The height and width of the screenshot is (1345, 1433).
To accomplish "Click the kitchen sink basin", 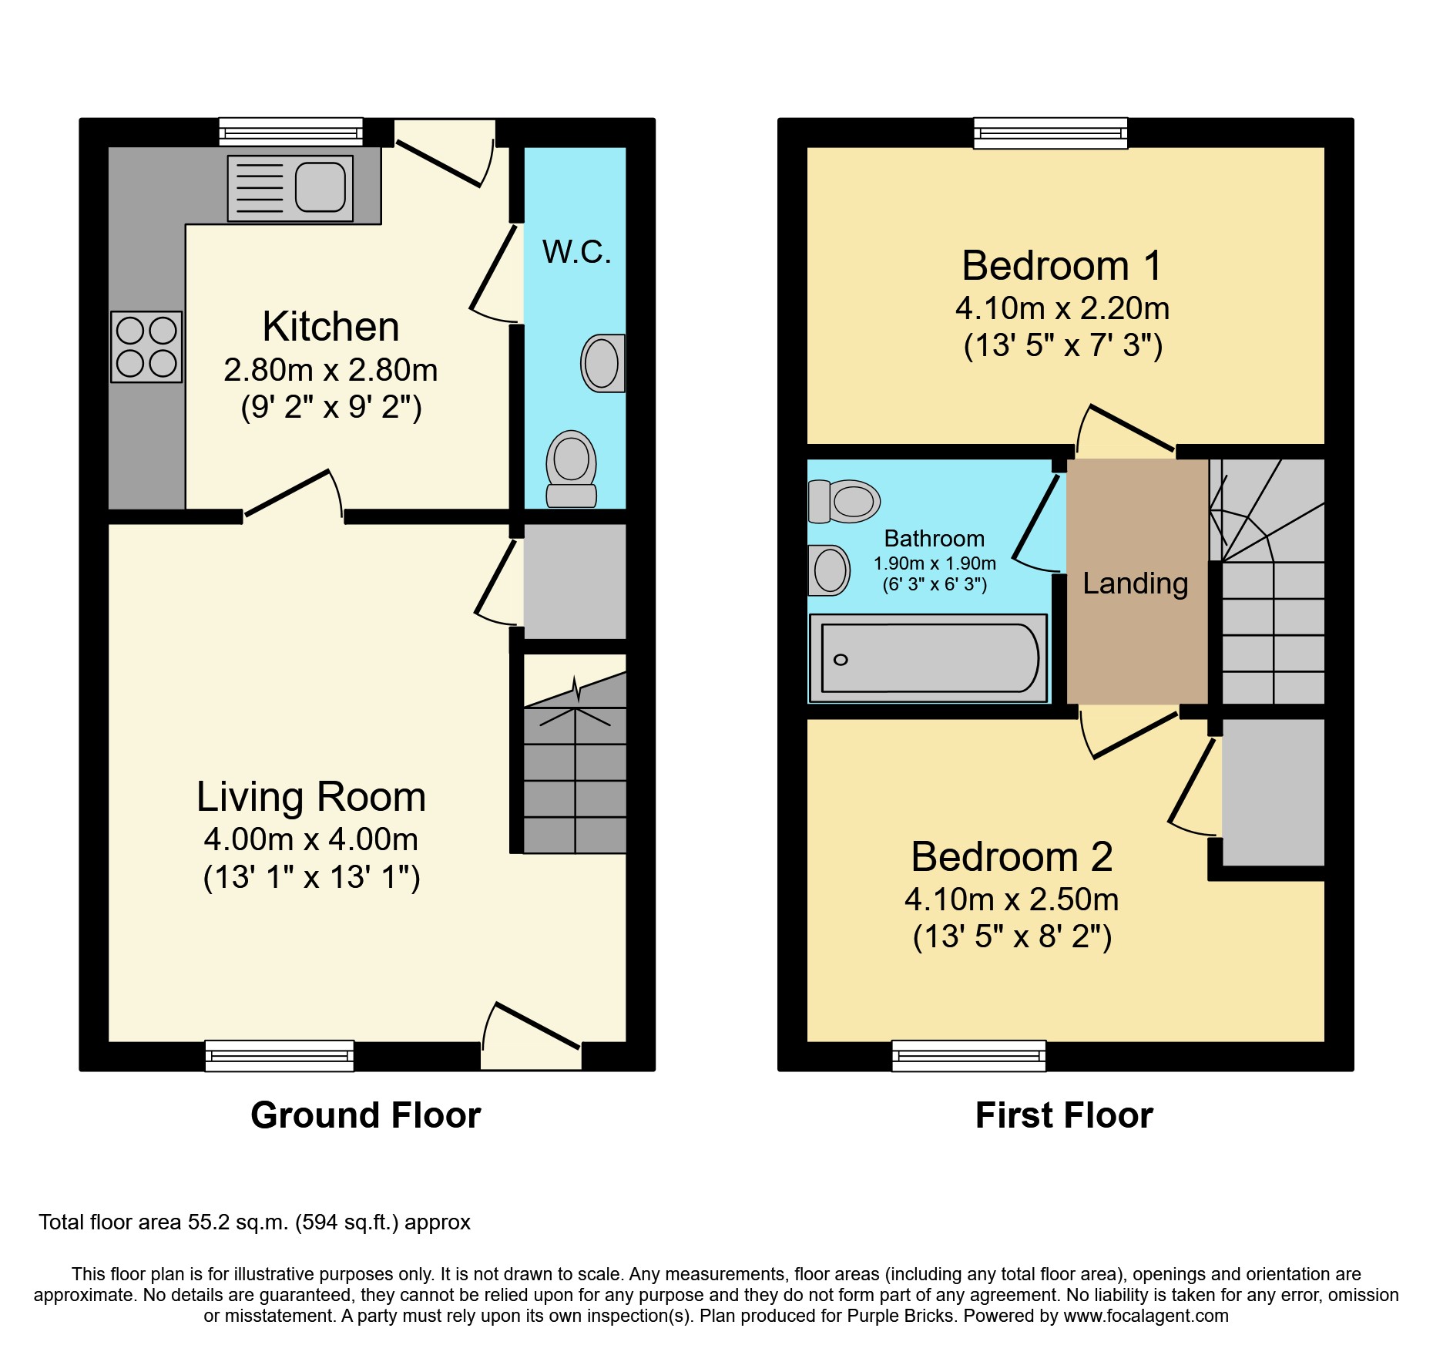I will [320, 187].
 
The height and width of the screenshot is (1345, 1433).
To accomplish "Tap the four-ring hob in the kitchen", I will [146, 347].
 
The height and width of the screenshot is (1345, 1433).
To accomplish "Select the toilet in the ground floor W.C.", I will [572, 468].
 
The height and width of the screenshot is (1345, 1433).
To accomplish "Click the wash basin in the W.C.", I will [602, 363].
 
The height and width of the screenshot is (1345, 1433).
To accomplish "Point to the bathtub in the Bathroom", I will [928, 658].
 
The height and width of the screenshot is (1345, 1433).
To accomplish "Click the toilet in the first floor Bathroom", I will [844, 502].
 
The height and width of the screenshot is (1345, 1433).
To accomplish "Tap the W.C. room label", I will [576, 252].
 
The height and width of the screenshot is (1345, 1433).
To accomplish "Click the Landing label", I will [1135, 583].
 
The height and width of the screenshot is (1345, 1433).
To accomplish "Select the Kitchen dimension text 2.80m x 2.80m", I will [331, 371].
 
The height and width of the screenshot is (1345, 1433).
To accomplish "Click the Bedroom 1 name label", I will [1062, 266].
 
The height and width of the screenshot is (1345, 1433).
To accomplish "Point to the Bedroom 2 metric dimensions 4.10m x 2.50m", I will [1011, 899].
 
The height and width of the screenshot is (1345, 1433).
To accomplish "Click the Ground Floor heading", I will [365, 1115].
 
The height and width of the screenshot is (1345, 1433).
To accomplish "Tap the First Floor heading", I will [1064, 1115].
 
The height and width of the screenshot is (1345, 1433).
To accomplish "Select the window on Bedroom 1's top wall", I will [1050, 133].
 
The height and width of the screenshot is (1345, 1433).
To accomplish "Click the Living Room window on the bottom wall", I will [279, 1055].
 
